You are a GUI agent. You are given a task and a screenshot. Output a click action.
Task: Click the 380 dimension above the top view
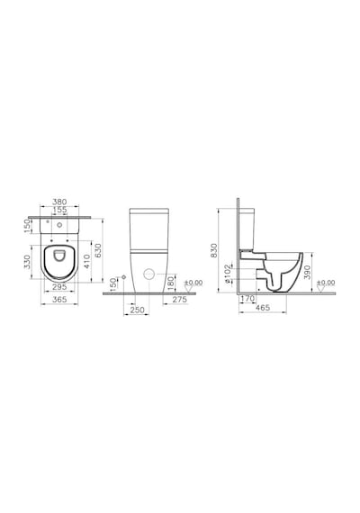(x=59, y=202)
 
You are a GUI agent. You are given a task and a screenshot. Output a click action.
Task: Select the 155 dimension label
(x=59, y=210)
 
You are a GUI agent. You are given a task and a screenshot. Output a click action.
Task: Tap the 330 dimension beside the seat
(x=27, y=262)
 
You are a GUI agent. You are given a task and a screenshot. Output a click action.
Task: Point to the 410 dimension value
(x=86, y=262)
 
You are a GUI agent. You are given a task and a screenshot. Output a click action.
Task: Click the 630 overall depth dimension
(x=98, y=250)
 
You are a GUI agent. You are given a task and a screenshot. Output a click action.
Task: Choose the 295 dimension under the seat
(x=59, y=287)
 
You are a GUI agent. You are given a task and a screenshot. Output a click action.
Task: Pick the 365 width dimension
(x=59, y=299)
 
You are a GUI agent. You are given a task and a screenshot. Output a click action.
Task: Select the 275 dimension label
(x=180, y=300)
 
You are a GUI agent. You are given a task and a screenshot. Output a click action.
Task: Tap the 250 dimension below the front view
(x=137, y=310)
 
